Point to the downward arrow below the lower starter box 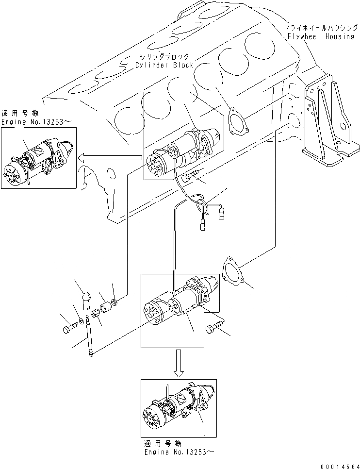coord(179,363)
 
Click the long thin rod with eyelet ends coord(88,336)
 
